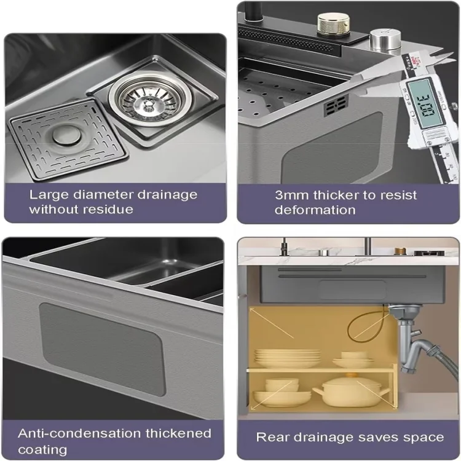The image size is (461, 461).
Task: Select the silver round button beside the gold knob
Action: pos(385,41)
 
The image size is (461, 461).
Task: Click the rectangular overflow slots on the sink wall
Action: pos(336,105)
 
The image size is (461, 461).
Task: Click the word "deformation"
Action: pos(315,210)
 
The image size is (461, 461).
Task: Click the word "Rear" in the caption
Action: pos(272,437)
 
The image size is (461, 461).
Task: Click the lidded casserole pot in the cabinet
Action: pos(351,390)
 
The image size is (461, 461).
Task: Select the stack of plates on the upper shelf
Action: pos(287,358)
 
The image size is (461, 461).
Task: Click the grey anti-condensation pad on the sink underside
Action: pos(101,349)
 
